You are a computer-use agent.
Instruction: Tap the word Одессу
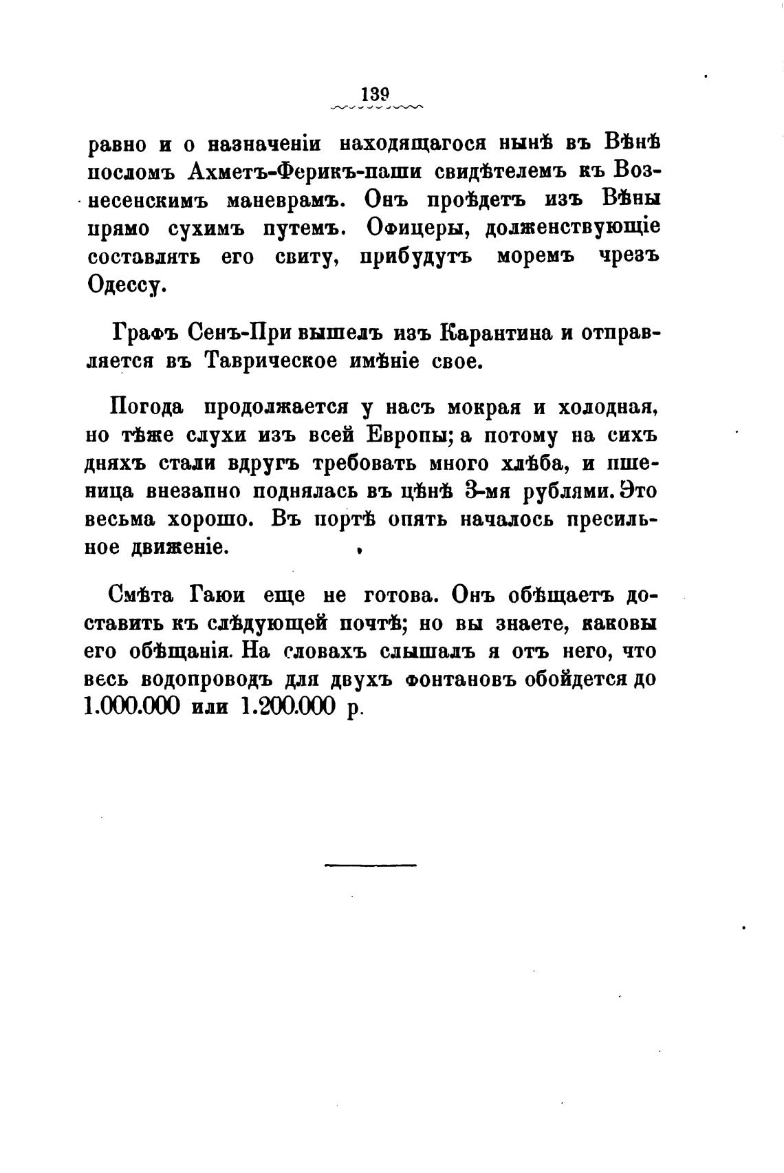(x=127, y=285)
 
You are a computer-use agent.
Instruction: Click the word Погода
(x=146, y=407)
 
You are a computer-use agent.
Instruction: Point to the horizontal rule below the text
(x=370, y=864)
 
